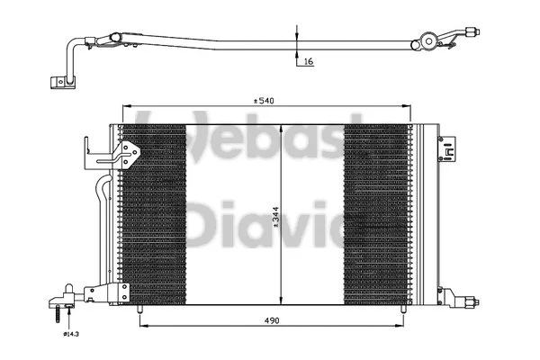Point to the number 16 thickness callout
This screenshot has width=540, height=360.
tap(308, 63)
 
